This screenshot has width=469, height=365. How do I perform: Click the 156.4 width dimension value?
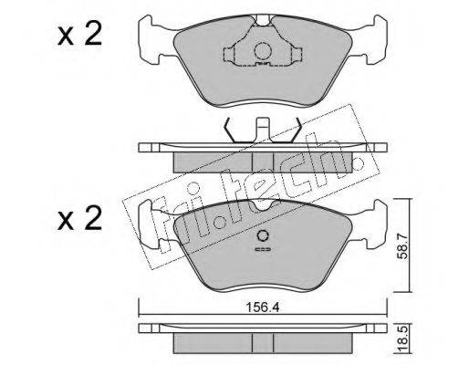click(262, 308)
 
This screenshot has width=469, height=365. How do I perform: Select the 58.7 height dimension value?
click(402, 245)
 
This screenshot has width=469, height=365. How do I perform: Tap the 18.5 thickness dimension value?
click(402, 341)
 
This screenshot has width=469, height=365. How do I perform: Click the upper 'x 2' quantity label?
click(79, 35)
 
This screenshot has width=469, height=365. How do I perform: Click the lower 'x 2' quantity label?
click(79, 218)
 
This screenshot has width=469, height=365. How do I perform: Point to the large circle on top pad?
click(262, 51)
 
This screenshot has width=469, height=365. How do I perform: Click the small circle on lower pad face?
click(263, 235)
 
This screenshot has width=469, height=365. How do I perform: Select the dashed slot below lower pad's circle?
click(263, 249)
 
